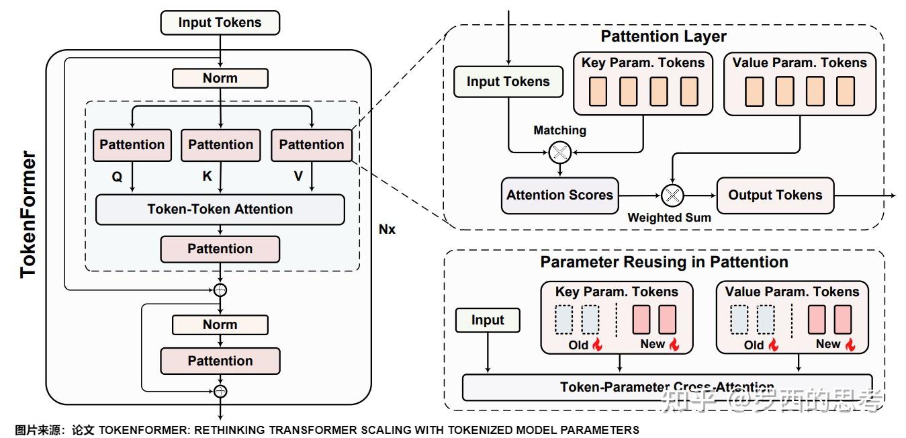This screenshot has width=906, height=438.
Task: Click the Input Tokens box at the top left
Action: (x=220, y=22)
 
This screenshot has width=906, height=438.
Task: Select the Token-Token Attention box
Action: (x=220, y=209)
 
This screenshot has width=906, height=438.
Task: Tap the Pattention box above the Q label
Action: (x=132, y=144)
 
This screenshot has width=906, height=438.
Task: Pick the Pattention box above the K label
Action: (x=220, y=144)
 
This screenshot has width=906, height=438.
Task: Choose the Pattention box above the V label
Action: (x=311, y=144)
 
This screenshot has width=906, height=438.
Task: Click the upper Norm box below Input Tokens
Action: (x=220, y=78)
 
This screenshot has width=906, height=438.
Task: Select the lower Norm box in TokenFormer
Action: (x=220, y=324)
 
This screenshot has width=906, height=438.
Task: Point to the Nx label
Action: (x=388, y=229)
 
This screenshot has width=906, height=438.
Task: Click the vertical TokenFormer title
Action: (x=28, y=215)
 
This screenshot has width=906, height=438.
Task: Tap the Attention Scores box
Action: (x=559, y=195)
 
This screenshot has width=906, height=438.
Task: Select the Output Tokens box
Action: (x=775, y=195)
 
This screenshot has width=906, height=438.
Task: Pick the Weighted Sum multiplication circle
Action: (x=672, y=195)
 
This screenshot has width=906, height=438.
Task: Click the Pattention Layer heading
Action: (x=663, y=36)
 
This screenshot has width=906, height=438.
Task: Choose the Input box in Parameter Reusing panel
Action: (x=488, y=320)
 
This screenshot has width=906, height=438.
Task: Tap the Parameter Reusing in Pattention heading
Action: (x=664, y=261)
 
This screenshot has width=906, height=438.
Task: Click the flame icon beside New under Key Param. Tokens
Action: (x=674, y=345)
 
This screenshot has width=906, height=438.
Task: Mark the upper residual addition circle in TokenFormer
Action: (x=220, y=290)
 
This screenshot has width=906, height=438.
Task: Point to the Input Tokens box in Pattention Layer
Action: (x=508, y=82)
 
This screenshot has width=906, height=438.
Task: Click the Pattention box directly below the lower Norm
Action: (x=220, y=361)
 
